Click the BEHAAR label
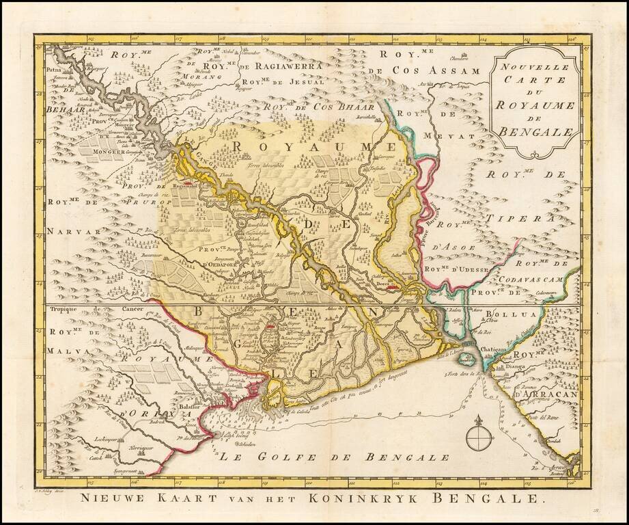click(x=64, y=109)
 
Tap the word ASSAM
click(x=446, y=70)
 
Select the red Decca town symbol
click(x=391, y=288)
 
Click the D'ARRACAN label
click(x=546, y=394)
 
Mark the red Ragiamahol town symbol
click(x=184, y=185)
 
